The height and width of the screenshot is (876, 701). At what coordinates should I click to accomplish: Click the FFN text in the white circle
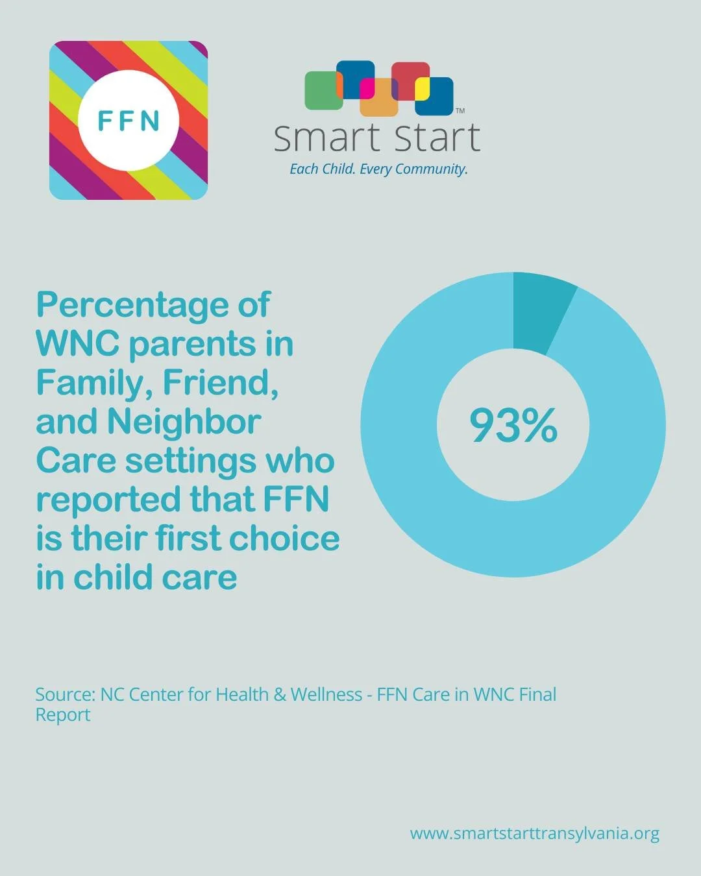[x=129, y=121]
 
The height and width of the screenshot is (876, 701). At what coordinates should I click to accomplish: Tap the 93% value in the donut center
[x=513, y=426]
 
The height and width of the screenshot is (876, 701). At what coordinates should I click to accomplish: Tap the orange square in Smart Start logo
[x=379, y=104]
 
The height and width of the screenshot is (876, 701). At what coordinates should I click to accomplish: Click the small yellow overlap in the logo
[x=422, y=89]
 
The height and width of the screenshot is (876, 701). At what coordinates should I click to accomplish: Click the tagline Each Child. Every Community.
[x=378, y=169]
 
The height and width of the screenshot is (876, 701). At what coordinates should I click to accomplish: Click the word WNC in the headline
[x=77, y=343]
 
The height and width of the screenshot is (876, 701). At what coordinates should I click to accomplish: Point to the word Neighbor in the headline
[x=184, y=421]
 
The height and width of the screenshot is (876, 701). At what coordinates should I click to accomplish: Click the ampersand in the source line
[x=280, y=695]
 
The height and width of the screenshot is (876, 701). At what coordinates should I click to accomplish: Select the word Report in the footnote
[x=63, y=715]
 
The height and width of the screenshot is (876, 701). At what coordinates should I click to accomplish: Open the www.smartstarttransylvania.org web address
[x=534, y=833]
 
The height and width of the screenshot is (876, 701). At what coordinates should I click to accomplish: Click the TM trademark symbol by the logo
[x=460, y=111]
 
